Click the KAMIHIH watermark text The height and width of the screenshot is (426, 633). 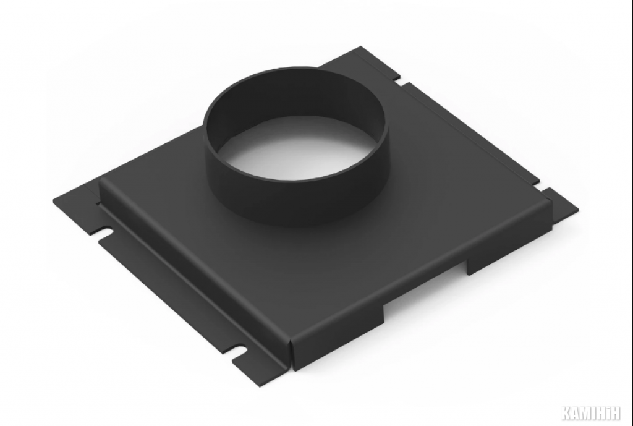point(590,413)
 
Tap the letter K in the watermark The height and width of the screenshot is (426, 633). point(566,413)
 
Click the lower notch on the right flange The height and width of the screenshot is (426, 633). point(542,187)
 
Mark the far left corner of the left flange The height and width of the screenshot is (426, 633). point(53,200)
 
